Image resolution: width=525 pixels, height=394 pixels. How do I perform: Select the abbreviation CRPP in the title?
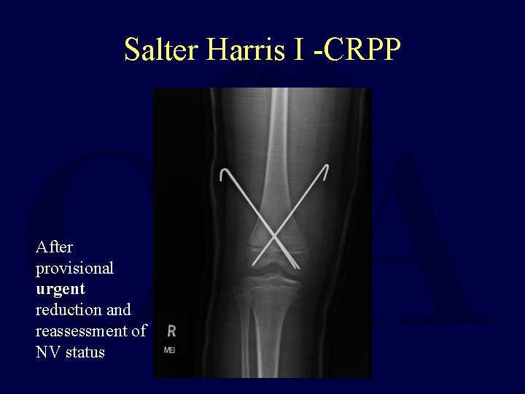(362, 50)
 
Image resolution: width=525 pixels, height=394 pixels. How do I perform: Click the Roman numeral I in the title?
(298, 50)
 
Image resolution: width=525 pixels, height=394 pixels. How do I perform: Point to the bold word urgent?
(61, 288)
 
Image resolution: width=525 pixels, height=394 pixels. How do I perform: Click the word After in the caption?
(54, 247)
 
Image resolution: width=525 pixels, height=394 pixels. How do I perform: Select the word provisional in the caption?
(75, 268)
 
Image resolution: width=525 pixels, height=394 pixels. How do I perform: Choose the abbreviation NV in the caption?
(48, 352)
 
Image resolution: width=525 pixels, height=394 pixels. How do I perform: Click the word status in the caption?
(85, 352)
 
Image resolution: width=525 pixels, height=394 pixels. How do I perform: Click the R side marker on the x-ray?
(171, 331)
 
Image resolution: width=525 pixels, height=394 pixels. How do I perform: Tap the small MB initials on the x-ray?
(169, 350)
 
